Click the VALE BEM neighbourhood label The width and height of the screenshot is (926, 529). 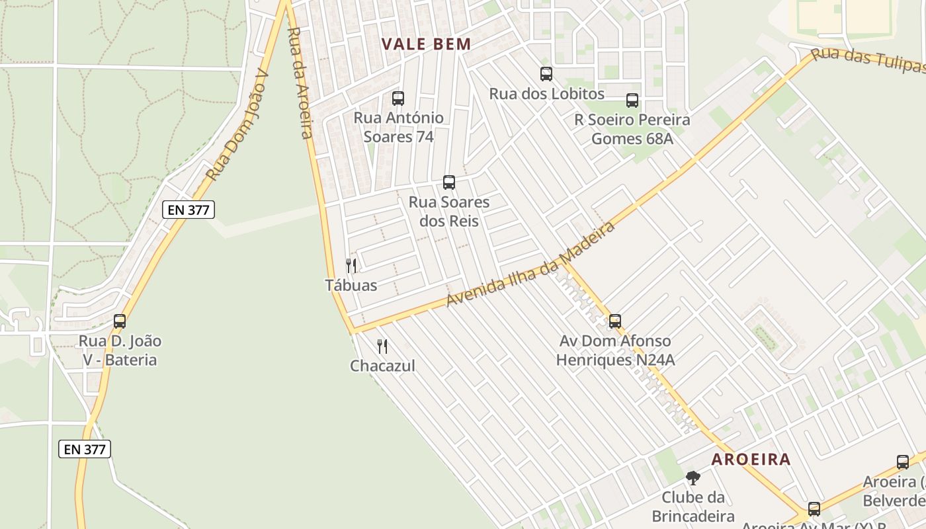point(427,44)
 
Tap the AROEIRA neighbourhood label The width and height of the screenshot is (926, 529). point(751,460)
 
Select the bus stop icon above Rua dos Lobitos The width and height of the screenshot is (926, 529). point(546,74)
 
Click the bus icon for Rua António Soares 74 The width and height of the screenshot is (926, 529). point(398,99)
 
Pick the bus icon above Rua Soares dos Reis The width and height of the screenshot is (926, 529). point(449,183)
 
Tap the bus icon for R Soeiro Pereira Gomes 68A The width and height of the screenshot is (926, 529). point(632,101)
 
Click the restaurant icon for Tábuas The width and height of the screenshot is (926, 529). point(351,266)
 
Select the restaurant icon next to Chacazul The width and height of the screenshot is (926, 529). point(382,346)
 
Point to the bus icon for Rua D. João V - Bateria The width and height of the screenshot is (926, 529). point(120,321)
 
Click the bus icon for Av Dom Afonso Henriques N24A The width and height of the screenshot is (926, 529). point(615,321)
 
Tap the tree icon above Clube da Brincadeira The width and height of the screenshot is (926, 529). point(693,477)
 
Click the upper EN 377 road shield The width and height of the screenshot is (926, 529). point(189,210)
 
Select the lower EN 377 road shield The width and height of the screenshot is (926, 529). point(85,449)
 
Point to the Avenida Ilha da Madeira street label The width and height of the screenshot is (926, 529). point(530,264)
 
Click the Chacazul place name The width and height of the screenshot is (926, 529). point(382,366)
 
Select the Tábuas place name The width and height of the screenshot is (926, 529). point(351,286)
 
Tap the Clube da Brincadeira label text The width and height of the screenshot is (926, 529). point(693,507)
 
